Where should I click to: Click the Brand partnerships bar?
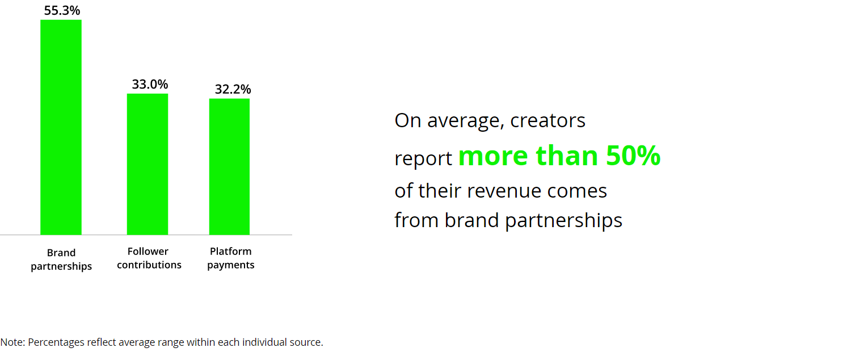tap(61, 127)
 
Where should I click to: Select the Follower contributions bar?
tap(148, 164)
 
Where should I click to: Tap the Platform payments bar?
tap(229, 166)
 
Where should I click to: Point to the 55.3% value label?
tap(62, 11)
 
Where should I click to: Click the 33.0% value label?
tap(150, 84)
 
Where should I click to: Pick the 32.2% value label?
tap(233, 89)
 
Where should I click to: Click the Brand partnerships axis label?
tap(61, 259)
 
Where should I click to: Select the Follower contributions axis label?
tap(149, 258)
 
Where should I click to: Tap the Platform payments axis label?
tap(230, 258)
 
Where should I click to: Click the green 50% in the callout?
tap(633, 156)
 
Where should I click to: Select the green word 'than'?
tap(567, 156)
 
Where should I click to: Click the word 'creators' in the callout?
tap(547, 120)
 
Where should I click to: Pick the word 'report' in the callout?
tap(423, 158)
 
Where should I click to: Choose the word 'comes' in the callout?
tap(577, 191)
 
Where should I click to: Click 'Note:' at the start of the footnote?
tap(12, 342)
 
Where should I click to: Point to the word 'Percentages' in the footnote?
tap(56, 342)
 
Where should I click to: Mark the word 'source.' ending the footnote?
tap(306, 342)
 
